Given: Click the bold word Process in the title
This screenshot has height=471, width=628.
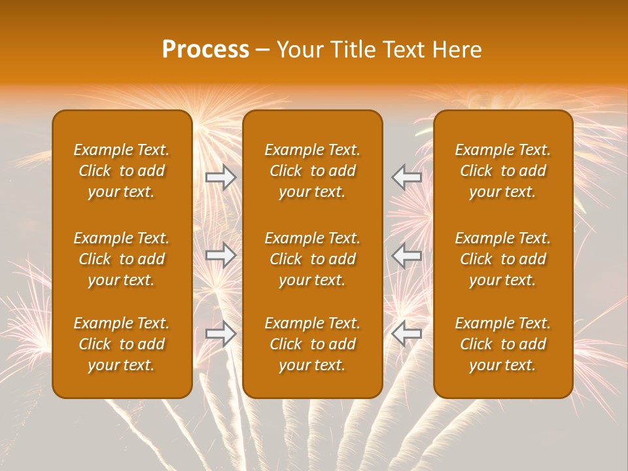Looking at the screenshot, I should pos(205,50).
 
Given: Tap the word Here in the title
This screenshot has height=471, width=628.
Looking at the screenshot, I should pos(457,50).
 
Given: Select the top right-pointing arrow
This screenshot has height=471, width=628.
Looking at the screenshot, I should pos(220,177).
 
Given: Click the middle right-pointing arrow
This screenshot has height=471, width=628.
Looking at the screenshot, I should pos(220,255).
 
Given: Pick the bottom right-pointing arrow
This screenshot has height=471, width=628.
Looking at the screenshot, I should pos(220,333).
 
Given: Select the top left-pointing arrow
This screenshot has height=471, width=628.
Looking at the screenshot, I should pos(406,177).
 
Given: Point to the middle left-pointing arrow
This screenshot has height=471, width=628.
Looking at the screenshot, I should pos(406,255).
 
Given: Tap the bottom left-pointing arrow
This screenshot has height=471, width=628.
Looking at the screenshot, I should pos(406,333).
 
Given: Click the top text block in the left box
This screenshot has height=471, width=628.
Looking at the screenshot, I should pos(122,171).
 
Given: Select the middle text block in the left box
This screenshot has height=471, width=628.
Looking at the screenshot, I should pos(122,259).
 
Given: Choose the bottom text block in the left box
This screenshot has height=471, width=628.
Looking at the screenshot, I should pos(122,344).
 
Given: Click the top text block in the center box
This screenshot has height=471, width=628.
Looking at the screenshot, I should pos(313,171).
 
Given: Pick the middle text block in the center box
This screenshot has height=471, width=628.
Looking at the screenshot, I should pos(313,259).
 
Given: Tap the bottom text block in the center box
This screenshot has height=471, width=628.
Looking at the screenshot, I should pos(313,344).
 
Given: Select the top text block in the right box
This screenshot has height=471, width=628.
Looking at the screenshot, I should pos(503,171).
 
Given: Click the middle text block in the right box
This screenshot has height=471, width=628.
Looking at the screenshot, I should pos(503,259).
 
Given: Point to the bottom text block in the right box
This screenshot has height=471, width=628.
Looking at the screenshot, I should pos(503,344).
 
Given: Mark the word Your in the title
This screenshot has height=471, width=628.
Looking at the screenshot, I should pos(298,50).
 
